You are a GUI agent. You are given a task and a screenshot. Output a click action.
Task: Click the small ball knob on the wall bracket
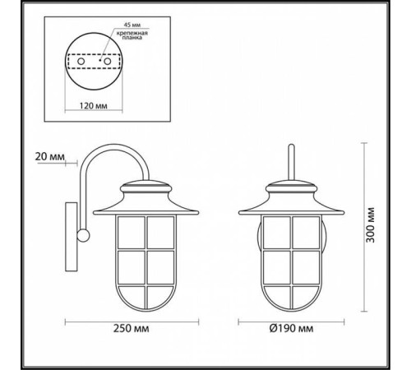click(82, 237)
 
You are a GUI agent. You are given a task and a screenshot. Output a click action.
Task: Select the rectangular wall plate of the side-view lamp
click(71, 237)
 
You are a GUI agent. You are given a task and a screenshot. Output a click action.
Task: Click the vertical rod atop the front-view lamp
click(289, 160)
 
